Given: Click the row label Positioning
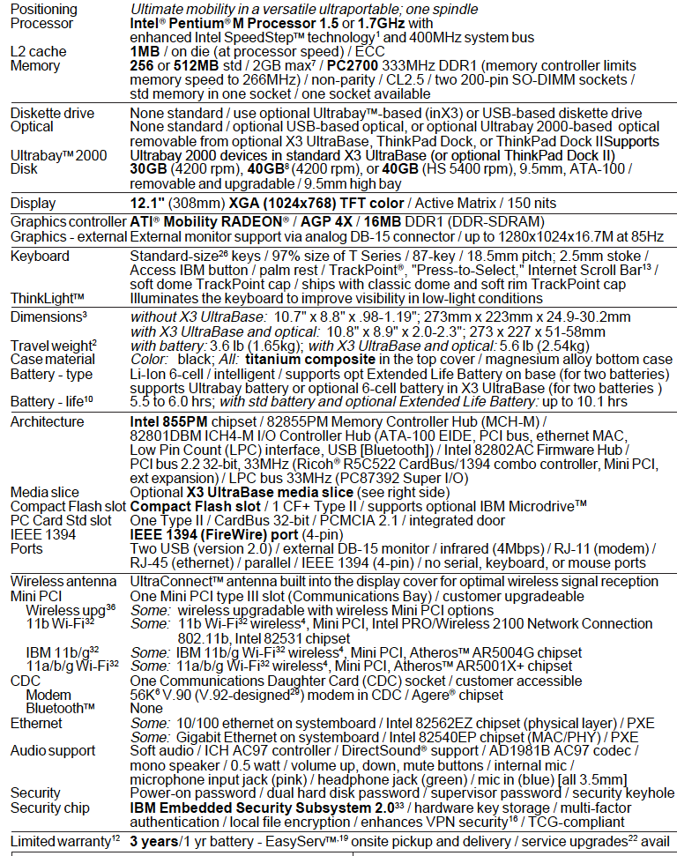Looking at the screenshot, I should click(44, 9).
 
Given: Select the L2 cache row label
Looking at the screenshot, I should click(38, 51).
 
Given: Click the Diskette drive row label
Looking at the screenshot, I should click(50, 113).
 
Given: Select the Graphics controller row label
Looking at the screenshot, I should click(63, 221).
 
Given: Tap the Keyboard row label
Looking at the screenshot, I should click(40, 256).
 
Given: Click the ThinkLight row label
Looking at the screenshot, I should click(48, 298).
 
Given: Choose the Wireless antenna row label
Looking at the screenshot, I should click(63, 581).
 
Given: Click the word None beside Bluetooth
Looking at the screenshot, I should click(145, 707).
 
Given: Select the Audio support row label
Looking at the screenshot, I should click(53, 750).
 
